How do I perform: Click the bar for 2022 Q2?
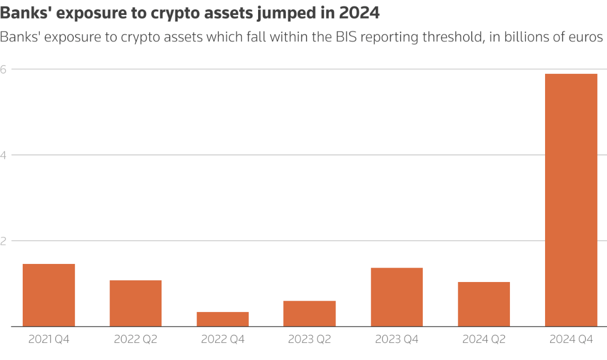136,303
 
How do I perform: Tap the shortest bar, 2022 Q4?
222,319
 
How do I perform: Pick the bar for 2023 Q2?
310,314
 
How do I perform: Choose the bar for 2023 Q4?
396,297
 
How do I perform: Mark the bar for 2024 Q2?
484,304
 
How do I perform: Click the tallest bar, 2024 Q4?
571,200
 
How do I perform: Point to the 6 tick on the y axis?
3,69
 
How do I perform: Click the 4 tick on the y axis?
3,155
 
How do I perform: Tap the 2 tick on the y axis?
3,241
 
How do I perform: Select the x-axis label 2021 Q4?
49,339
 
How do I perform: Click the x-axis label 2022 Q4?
222,339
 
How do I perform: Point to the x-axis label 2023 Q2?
310,339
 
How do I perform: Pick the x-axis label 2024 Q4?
571,339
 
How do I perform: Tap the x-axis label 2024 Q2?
484,339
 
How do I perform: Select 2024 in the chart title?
359,13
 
